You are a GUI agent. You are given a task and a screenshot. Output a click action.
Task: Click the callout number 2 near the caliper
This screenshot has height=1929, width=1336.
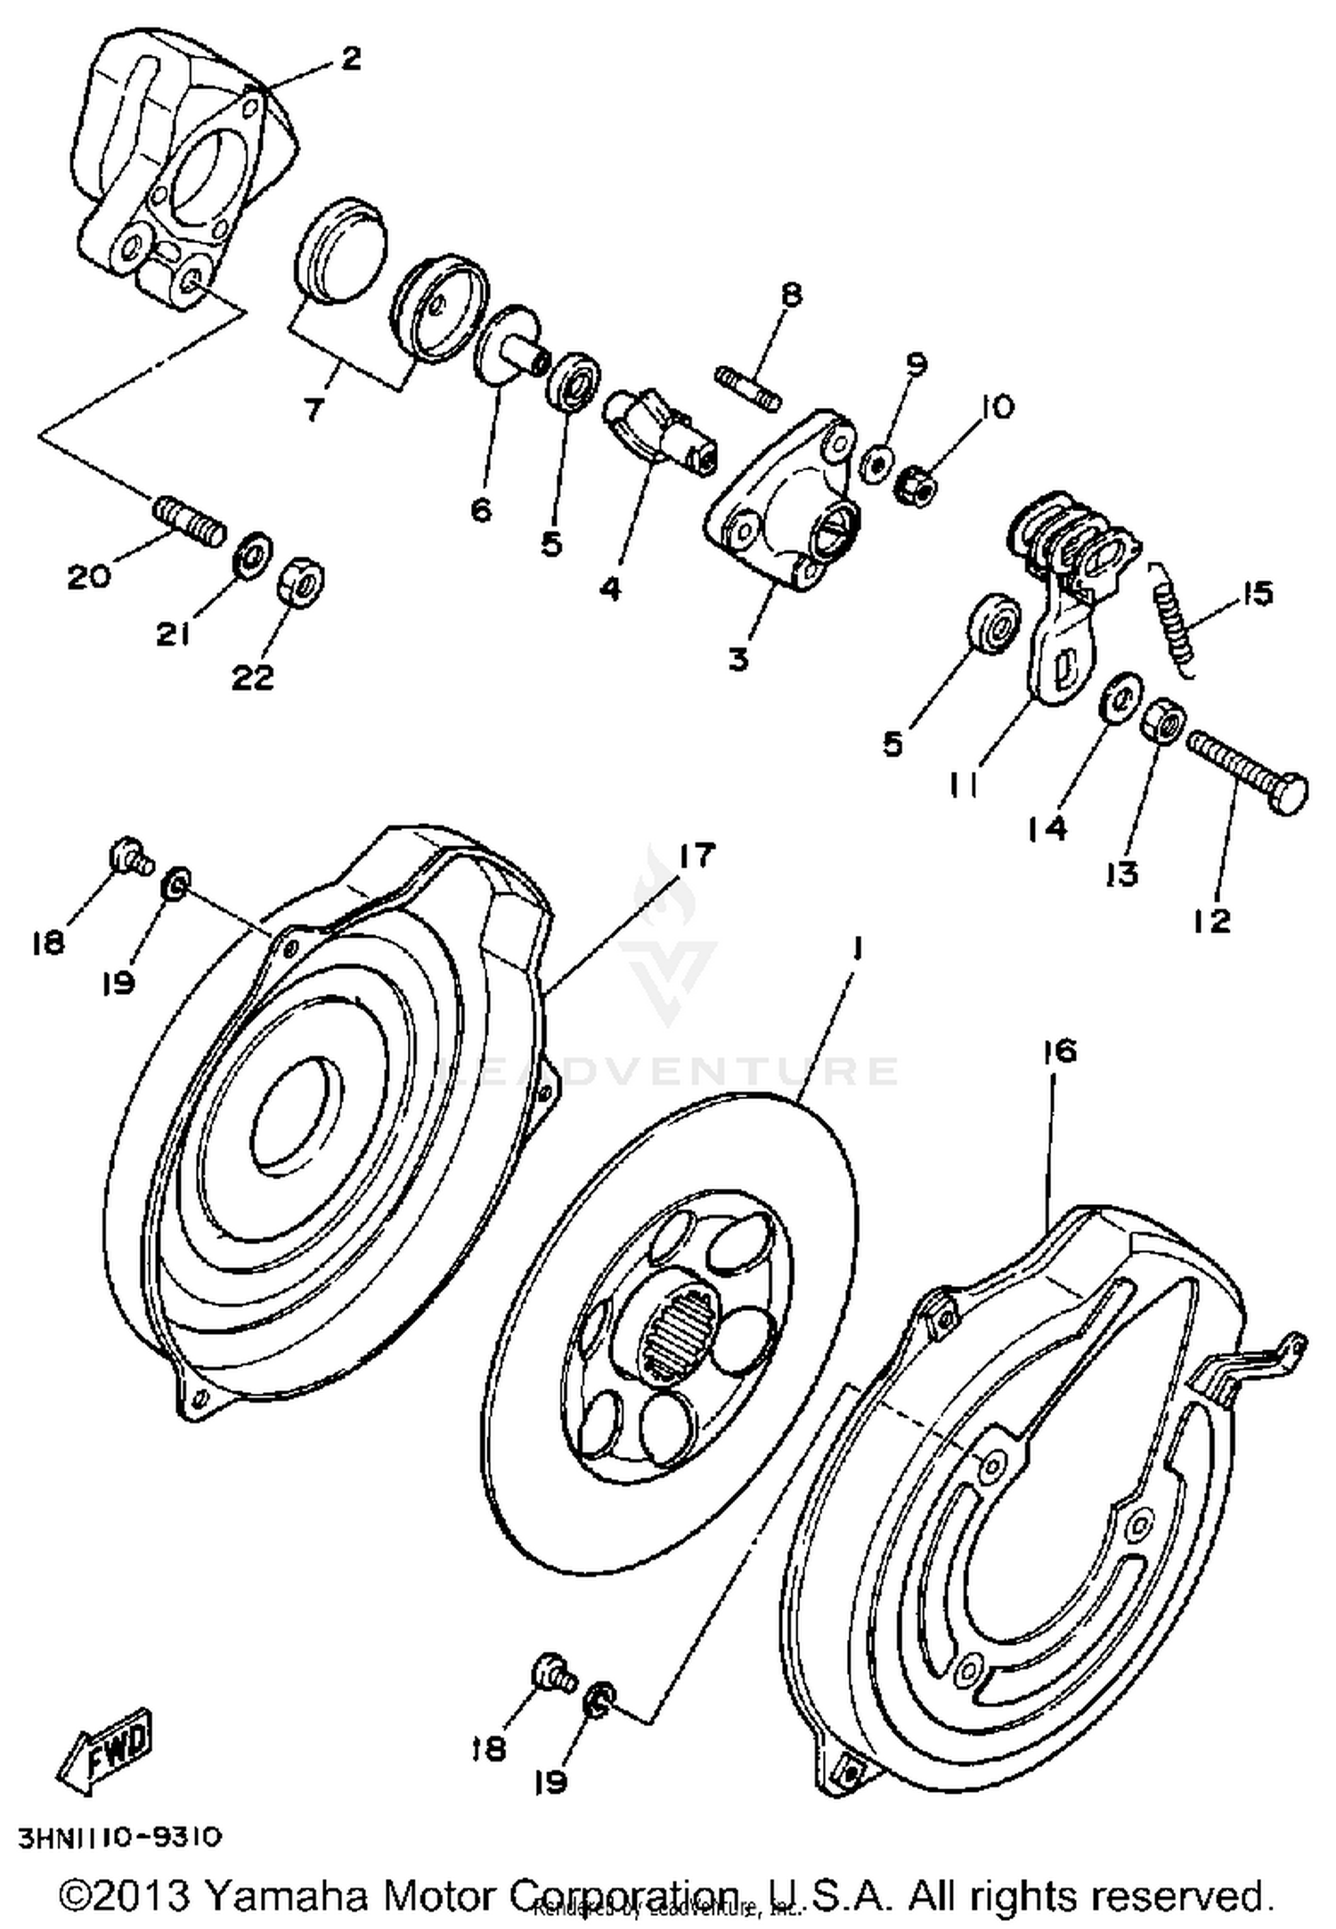coord(351,60)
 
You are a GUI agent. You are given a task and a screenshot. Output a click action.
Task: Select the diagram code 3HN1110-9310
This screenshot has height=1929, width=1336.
coord(118,1837)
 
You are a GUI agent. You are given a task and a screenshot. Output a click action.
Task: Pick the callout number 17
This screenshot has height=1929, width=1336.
coord(696,857)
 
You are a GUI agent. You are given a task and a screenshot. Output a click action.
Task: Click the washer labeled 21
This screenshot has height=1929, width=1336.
coord(253,556)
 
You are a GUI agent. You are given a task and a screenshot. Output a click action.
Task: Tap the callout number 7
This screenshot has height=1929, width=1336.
coord(314,411)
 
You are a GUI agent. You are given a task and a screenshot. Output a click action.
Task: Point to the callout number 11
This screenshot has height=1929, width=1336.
coord(965,785)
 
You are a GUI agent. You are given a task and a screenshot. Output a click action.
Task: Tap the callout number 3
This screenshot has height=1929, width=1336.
coord(738,661)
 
